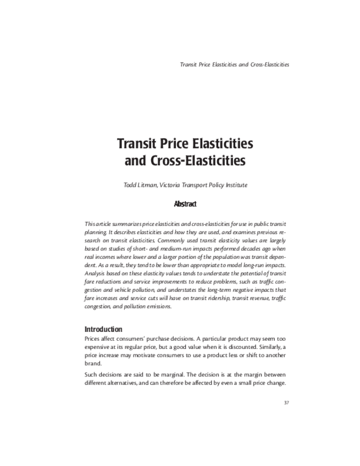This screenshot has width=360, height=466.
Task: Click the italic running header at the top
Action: (x=234, y=64)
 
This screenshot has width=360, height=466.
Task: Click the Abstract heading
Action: (x=185, y=204)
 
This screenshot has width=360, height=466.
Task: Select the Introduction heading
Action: (x=103, y=329)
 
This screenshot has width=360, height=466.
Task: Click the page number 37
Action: (x=286, y=402)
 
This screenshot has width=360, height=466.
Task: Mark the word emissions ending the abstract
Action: (x=157, y=307)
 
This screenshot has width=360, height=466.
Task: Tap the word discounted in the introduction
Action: (x=254, y=347)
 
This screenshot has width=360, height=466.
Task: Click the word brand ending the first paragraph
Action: (x=92, y=363)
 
